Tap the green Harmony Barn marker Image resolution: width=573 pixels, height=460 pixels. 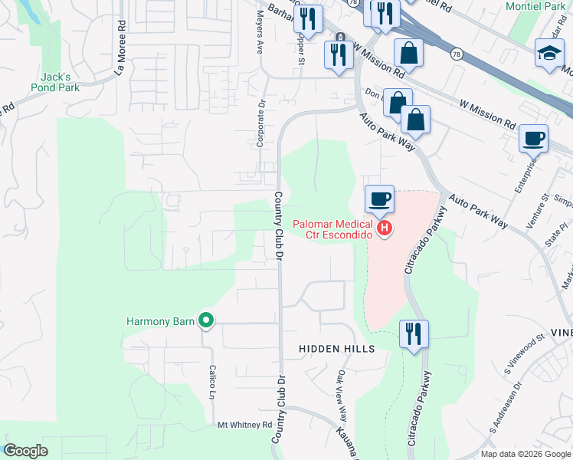(205, 320)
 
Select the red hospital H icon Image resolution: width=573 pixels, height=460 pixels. (385, 228)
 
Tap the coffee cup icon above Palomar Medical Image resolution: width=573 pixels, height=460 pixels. (379, 200)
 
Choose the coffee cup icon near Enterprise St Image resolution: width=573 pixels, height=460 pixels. (533, 140)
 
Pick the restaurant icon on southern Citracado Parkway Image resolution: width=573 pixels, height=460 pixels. (414, 333)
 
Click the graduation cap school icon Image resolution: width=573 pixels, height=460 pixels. (549, 53)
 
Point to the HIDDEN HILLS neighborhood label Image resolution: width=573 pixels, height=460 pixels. (337, 349)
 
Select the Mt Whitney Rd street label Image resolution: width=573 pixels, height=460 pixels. (245, 424)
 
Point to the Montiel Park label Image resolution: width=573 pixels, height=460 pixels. (535, 6)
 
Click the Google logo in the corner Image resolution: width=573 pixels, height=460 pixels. (25, 451)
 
